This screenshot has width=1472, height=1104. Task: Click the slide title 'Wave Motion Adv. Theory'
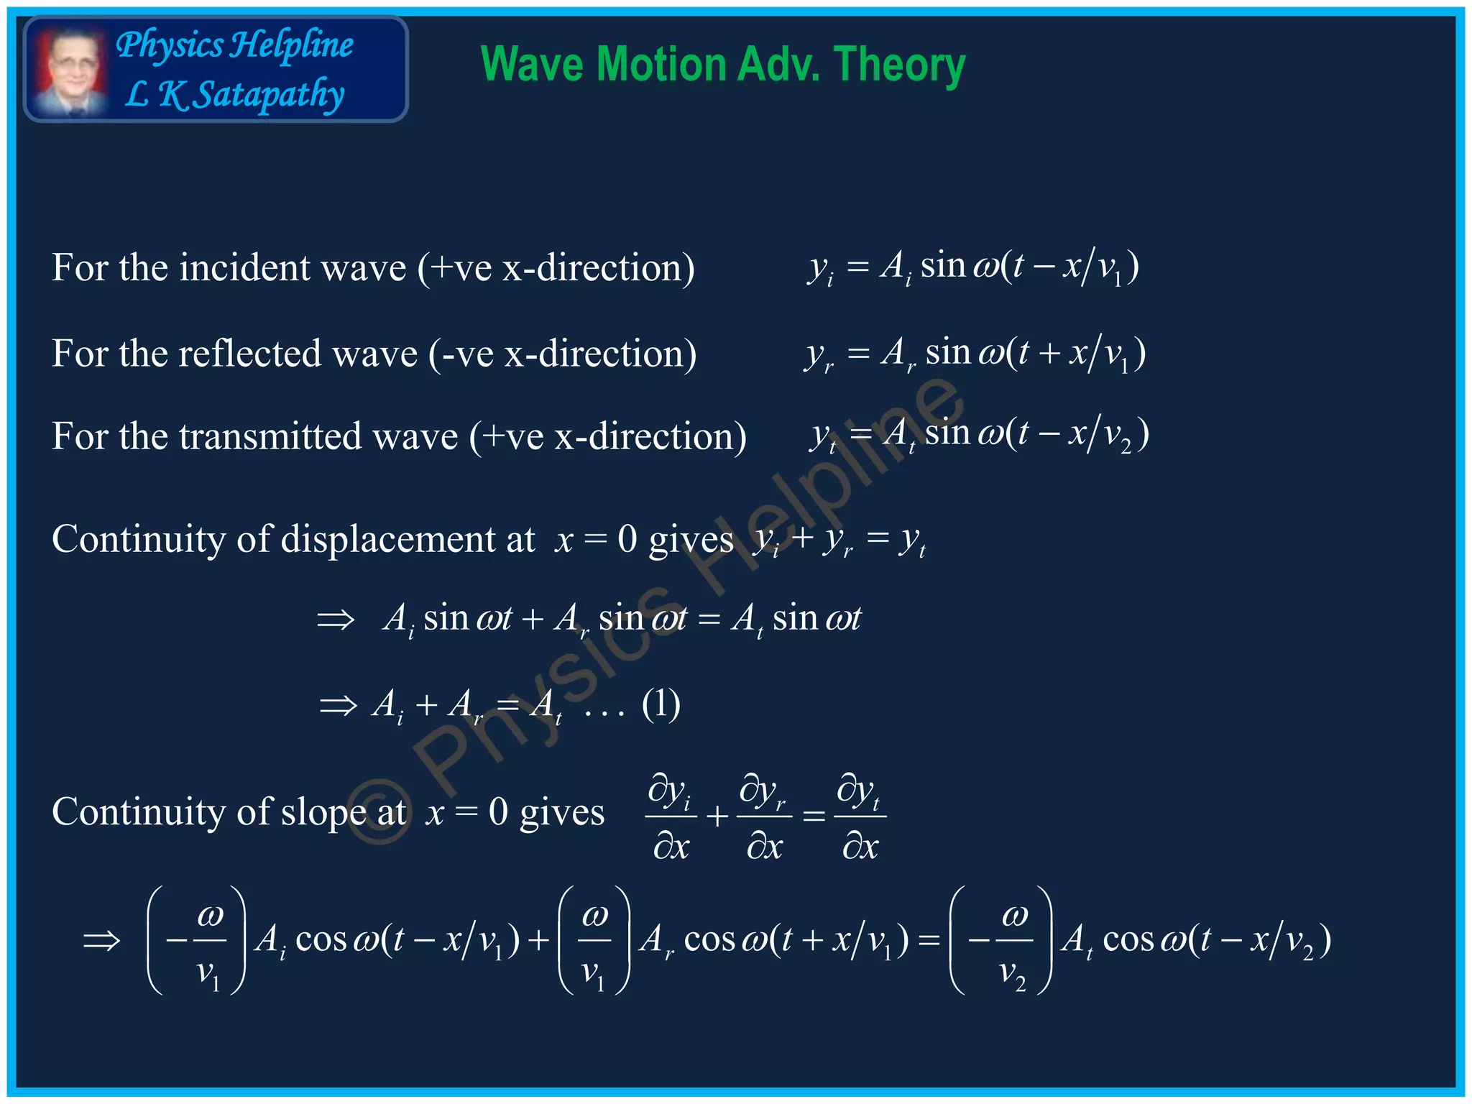722,65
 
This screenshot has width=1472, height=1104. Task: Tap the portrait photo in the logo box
70,70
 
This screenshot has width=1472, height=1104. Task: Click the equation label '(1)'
661,704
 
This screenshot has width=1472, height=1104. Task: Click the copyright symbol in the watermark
379,815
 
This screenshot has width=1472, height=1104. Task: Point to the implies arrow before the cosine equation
101,940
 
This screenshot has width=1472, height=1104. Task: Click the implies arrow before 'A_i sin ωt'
336,619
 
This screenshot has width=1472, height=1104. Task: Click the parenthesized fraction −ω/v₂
1001,940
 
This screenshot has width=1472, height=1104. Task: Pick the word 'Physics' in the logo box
170,45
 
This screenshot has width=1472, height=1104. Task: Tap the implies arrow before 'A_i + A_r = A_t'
338,705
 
